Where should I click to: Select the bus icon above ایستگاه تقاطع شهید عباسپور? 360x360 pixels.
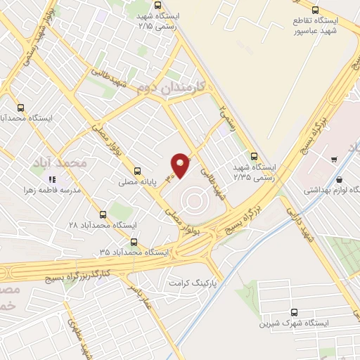[x=315, y=10]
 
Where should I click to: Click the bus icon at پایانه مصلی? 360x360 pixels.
[x=137, y=170]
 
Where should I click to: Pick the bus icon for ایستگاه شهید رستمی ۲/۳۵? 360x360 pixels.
[x=254, y=156]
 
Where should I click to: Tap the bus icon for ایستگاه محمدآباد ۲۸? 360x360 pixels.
[x=103, y=214]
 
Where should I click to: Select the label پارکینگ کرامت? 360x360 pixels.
[x=189, y=281]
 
